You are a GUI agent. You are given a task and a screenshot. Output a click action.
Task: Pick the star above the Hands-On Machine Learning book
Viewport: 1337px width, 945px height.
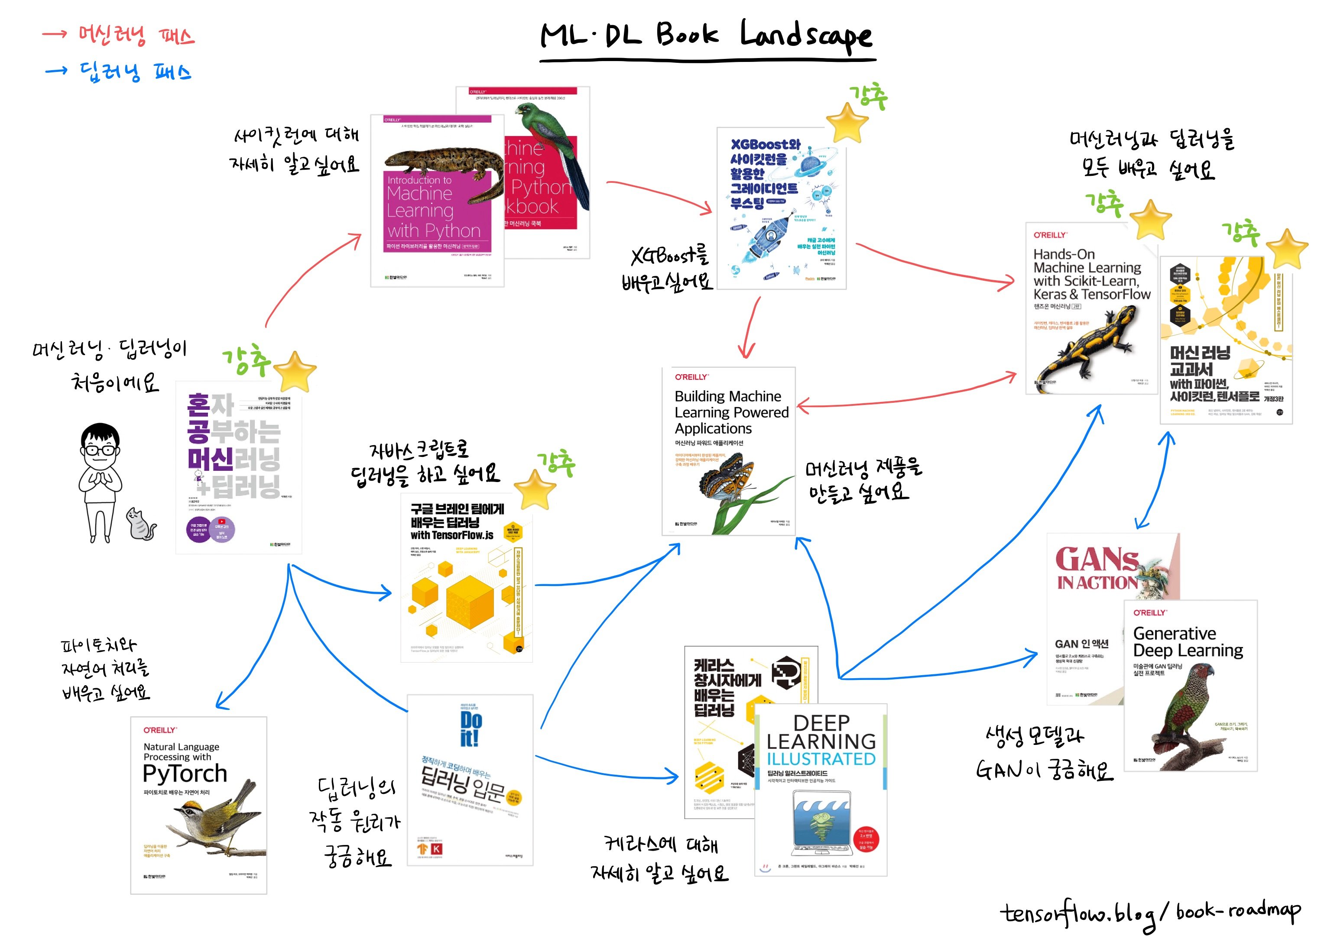pyautogui.click(x=1150, y=220)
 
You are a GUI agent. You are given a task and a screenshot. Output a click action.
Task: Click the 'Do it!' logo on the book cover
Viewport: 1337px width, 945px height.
pyautogui.click(x=471, y=728)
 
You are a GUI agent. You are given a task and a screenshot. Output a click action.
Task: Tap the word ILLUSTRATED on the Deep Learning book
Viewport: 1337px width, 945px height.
pyautogui.click(x=821, y=759)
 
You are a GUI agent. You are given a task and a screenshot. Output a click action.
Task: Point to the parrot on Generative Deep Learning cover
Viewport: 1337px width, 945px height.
pyautogui.click(x=1188, y=705)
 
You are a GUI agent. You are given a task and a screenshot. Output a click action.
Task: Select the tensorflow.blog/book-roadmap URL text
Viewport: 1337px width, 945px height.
pyautogui.click(x=1150, y=913)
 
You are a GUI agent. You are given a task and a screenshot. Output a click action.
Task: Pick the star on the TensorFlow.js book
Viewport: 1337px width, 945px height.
pyautogui.click(x=534, y=489)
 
